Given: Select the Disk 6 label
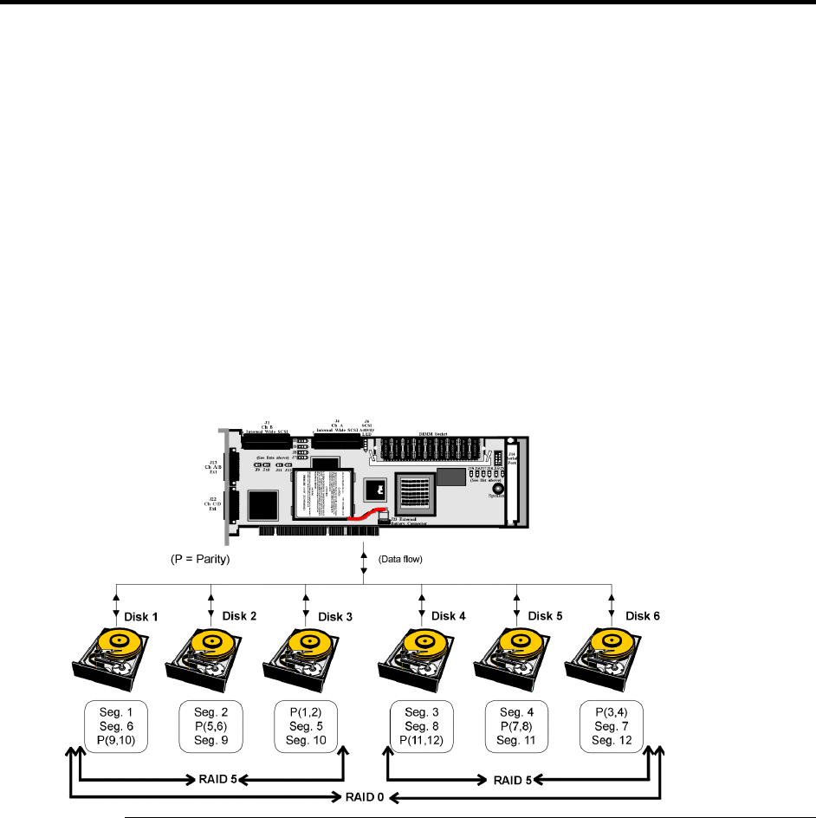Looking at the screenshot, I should tap(644, 616).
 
